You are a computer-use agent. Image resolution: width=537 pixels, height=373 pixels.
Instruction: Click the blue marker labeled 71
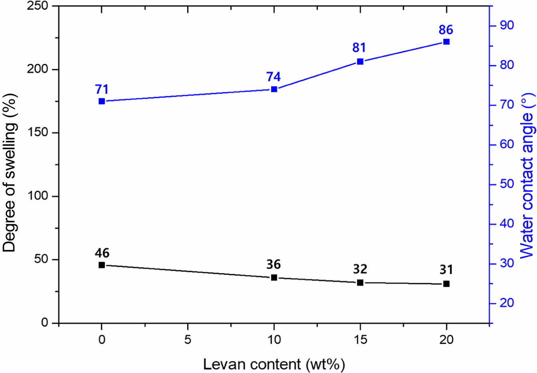click(x=101, y=101)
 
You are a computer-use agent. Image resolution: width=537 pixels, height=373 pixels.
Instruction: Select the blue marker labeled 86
click(x=446, y=42)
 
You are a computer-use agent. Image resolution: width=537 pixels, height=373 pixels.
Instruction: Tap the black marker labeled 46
click(x=101, y=265)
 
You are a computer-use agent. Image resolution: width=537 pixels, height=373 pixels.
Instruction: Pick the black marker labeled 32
click(x=360, y=283)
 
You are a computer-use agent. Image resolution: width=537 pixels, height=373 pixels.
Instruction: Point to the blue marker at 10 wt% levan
click(x=274, y=89)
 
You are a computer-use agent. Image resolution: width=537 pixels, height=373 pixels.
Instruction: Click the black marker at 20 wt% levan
click(x=446, y=284)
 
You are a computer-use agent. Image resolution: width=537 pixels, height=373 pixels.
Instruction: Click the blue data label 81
click(x=359, y=48)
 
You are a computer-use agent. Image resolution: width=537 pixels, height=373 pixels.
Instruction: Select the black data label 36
click(x=274, y=264)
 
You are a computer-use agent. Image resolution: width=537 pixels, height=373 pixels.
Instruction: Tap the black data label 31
click(x=446, y=270)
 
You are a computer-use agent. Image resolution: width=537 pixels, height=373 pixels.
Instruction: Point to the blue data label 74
click(x=274, y=77)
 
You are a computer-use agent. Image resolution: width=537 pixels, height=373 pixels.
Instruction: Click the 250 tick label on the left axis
click(x=38, y=6)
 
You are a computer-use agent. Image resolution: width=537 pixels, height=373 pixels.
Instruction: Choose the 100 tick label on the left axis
click(x=38, y=196)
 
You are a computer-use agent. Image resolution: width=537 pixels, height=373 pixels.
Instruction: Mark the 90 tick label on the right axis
click(x=507, y=25)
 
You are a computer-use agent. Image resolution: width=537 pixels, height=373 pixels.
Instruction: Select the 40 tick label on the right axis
click(x=507, y=223)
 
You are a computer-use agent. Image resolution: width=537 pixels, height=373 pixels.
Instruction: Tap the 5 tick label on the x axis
click(x=188, y=340)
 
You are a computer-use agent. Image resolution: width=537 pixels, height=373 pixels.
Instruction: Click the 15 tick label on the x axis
click(x=360, y=340)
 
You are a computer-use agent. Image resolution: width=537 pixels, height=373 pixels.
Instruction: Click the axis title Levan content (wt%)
click(x=274, y=365)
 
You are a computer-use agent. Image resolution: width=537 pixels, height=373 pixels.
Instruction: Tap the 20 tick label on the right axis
click(x=507, y=303)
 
